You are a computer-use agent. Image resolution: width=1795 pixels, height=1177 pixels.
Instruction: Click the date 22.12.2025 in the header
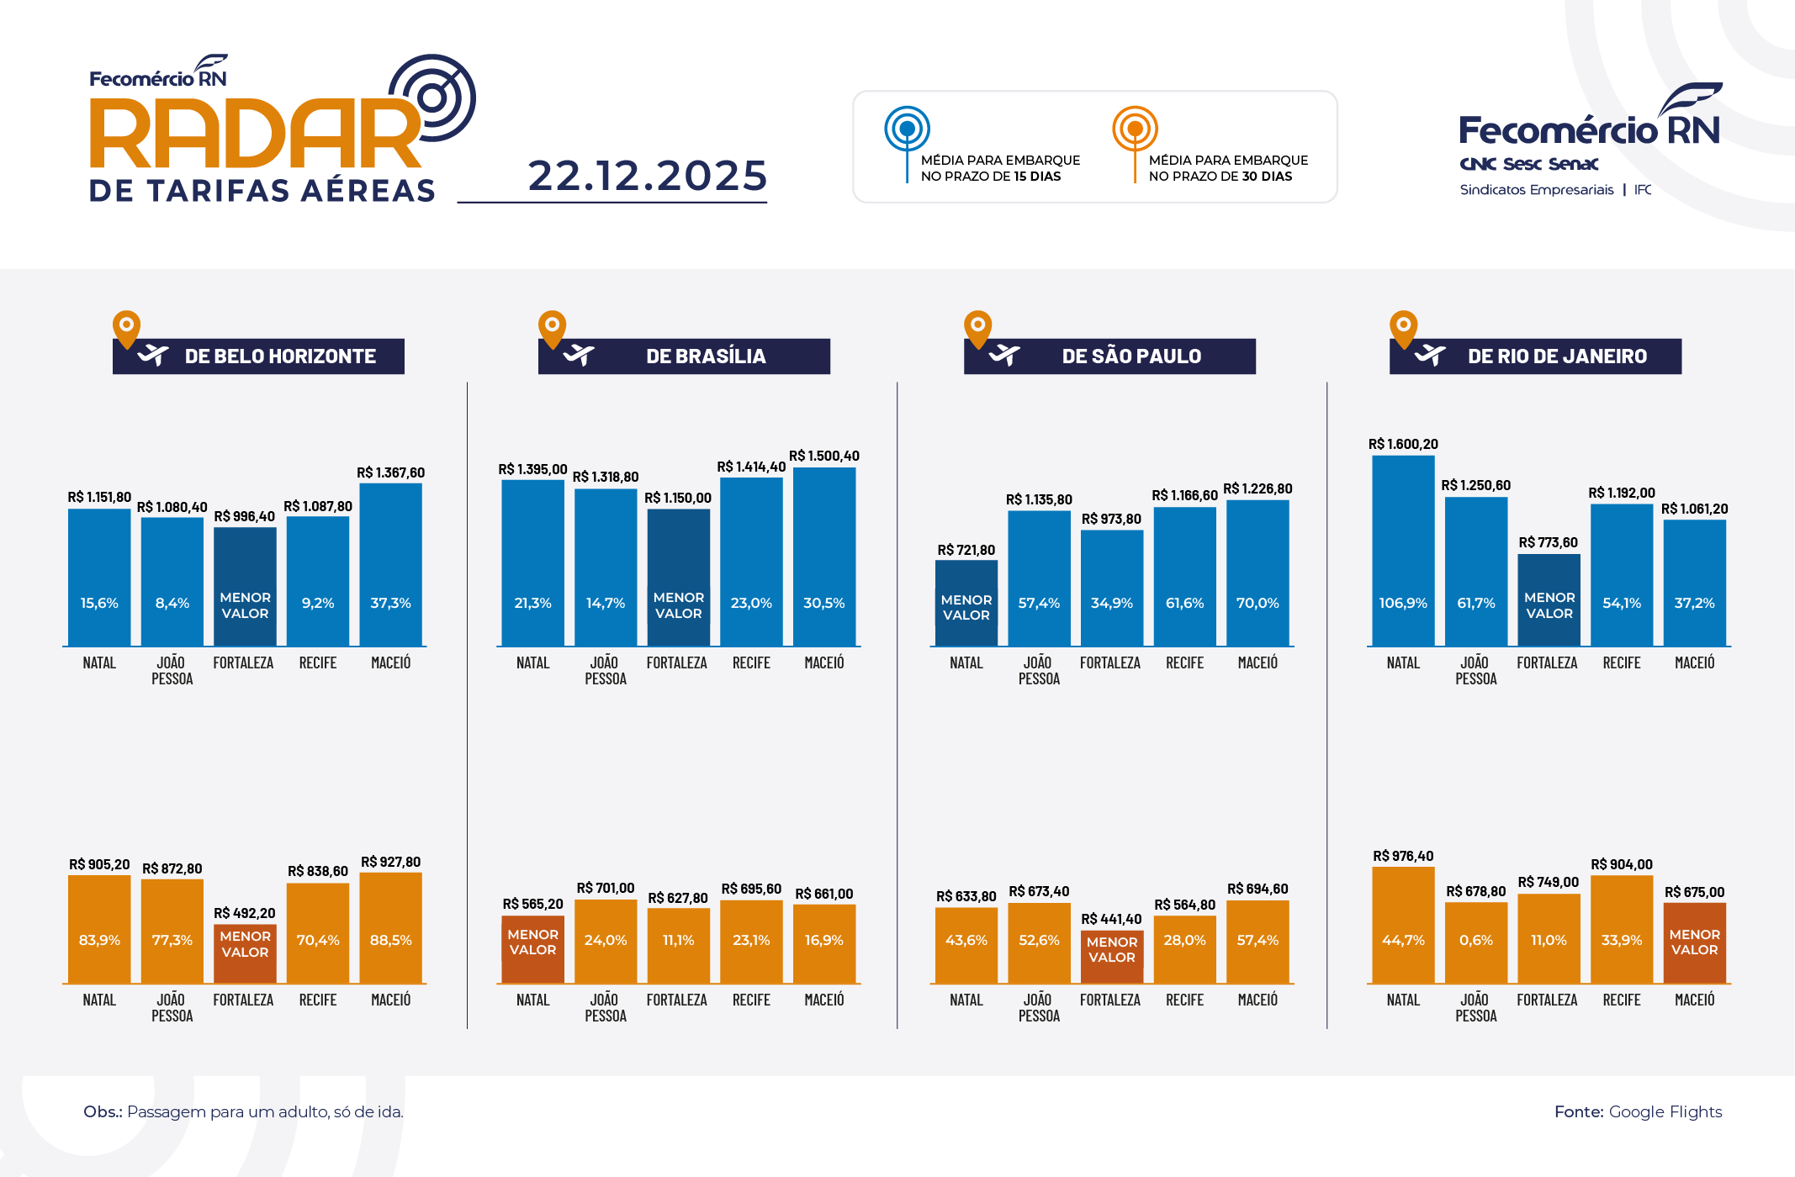click(x=647, y=176)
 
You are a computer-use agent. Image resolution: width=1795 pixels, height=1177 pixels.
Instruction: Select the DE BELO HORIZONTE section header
click(x=258, y=356)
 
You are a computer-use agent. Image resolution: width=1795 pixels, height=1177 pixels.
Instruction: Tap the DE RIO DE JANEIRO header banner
click(x=1535, y=356)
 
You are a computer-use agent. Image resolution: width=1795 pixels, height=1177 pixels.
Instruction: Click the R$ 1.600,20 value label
click(x=1403, y=444)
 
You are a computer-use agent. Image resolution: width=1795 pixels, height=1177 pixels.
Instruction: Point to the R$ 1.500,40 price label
click(x=823, y=456)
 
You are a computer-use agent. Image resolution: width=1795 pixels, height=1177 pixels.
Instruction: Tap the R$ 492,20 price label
click(x=244, y=913)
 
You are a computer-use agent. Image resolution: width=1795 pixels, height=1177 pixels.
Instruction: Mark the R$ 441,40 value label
click(x=1111, y=919)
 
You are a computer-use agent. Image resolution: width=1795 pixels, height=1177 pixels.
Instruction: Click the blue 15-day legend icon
click(x=907, y=129)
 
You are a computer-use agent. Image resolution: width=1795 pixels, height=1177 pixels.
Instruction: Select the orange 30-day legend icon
click(x=1135, y=129)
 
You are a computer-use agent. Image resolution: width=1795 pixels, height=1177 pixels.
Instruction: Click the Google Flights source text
click(x=1665, y=1111)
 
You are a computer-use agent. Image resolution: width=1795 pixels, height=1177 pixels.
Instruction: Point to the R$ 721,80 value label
click(x=966, y=550)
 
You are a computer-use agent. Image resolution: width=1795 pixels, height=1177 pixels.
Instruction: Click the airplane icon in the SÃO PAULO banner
click(x=1004, y=356)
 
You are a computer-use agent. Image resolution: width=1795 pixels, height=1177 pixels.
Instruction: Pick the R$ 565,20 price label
click(x=532, y=904)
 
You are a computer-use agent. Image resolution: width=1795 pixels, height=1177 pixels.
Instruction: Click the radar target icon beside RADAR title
click(x=432, y=98)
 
